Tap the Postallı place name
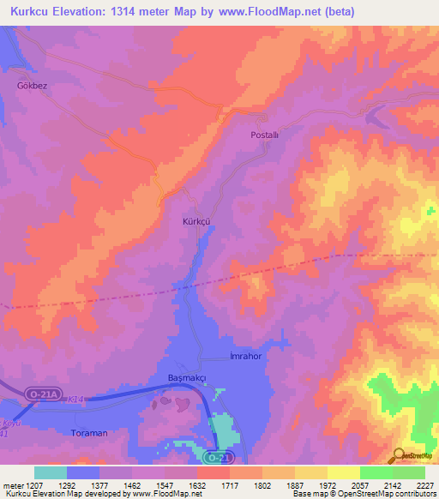point(265,135)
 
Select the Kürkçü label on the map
point(196,221)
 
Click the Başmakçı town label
point(183,378)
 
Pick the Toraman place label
point(90,433)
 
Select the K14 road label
point(77,400)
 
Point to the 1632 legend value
point(197,484)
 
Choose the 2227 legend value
point(424,484)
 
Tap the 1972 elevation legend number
point(328,484)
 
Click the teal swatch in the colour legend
point(51,472)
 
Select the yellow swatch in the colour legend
point(343,472)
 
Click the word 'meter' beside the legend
point(11,484)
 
